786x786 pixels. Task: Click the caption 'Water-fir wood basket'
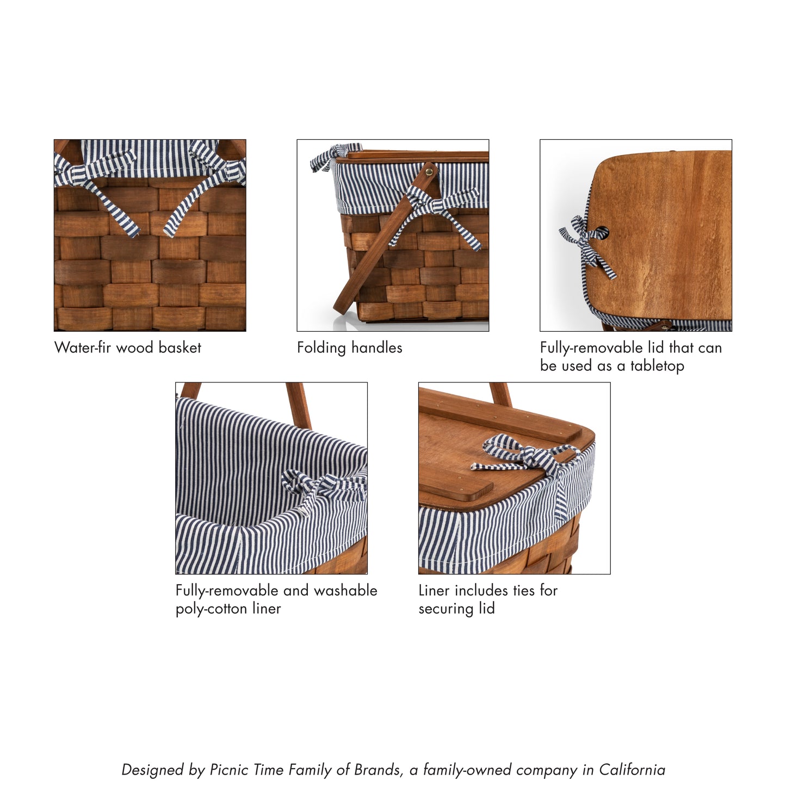click(x=128, y=348)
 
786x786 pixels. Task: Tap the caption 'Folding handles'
click(x=349, y=348)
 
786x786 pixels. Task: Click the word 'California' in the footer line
click(x=632, y=770)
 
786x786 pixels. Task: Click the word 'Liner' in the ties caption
click(x=434, y=590)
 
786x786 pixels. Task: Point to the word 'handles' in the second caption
click(x=376, y=348)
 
